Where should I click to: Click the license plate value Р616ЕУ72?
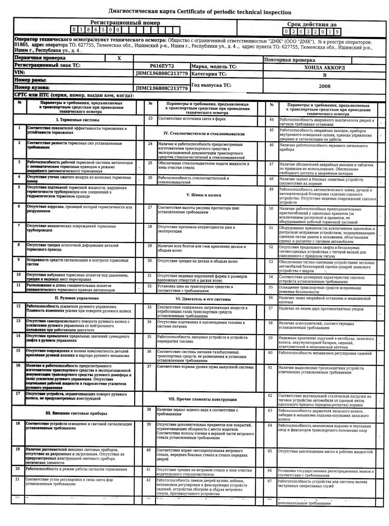pyautogui.click(x=162, y=66)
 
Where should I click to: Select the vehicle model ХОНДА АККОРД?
pyautogui.click(x=324, y=68)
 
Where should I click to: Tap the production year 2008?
pyautogui.click(x=325, y=86)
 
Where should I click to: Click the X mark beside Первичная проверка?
pyautogui.click(x=119, y=58)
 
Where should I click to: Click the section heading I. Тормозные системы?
pyautogui.click(x=78, y=120)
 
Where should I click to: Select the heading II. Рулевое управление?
pyautogui.click(x=77, y=298)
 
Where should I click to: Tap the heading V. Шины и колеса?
pyautogui.click(x=204, y=195)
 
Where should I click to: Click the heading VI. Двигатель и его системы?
pyautogui.click(x=203, y=299)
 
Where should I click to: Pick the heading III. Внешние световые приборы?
pyautogui.click(x=76, y=413)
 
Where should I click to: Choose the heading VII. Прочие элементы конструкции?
pyautogui.click(x=202, y=399)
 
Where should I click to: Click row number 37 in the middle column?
pyautogui.click(x=149, y=367)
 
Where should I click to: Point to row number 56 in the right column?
pyautogui.click(x=271, y=298)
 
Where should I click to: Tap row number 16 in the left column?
pyautogui.click(x=18, y=365)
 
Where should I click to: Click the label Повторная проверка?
pyautogui.click(x=290, y=60)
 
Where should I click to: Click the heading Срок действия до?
pyautogui.click(x=312, y=25)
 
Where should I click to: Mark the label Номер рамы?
pyautogui.click(x=30, y=80)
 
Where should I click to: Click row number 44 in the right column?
pyautogui.click(x=271, y=119)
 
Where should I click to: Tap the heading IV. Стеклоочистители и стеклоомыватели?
pyautogui.click(x=204, y=134)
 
